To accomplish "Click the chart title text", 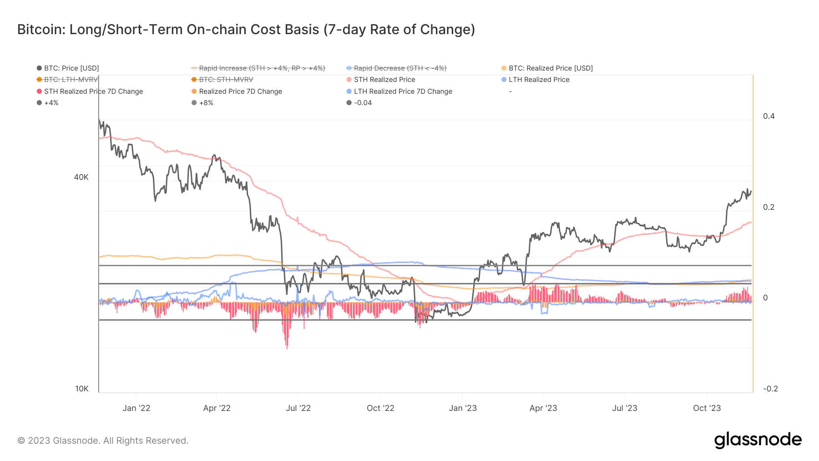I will [x=246, y=30].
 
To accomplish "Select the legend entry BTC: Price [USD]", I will [x=71, y=68].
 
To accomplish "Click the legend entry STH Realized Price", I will [x=384, y=80].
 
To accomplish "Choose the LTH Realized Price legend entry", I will [x=539, y=80].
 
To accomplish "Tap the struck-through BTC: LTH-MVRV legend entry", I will [x=71, y=80].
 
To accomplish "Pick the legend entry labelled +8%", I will [x=206, y=103].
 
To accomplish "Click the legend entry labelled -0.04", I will [x=363, y=103].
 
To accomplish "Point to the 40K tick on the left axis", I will [x=81, y=177].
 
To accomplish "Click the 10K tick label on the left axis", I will [x=82, y=389].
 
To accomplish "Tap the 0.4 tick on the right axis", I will [x=768, y=116].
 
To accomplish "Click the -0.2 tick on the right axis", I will [x=770, y=389].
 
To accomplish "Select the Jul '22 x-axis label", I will [x=298, y=408].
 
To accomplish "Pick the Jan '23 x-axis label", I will [x=463, y=408].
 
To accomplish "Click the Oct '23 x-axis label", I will [x=707, y=408].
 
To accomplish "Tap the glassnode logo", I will [x=758, y=440].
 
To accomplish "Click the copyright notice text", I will [x=103, y=441].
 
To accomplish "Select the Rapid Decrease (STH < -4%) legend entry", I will [x=399, y=68].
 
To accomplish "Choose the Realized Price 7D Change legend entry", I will [x=240, y=91].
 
